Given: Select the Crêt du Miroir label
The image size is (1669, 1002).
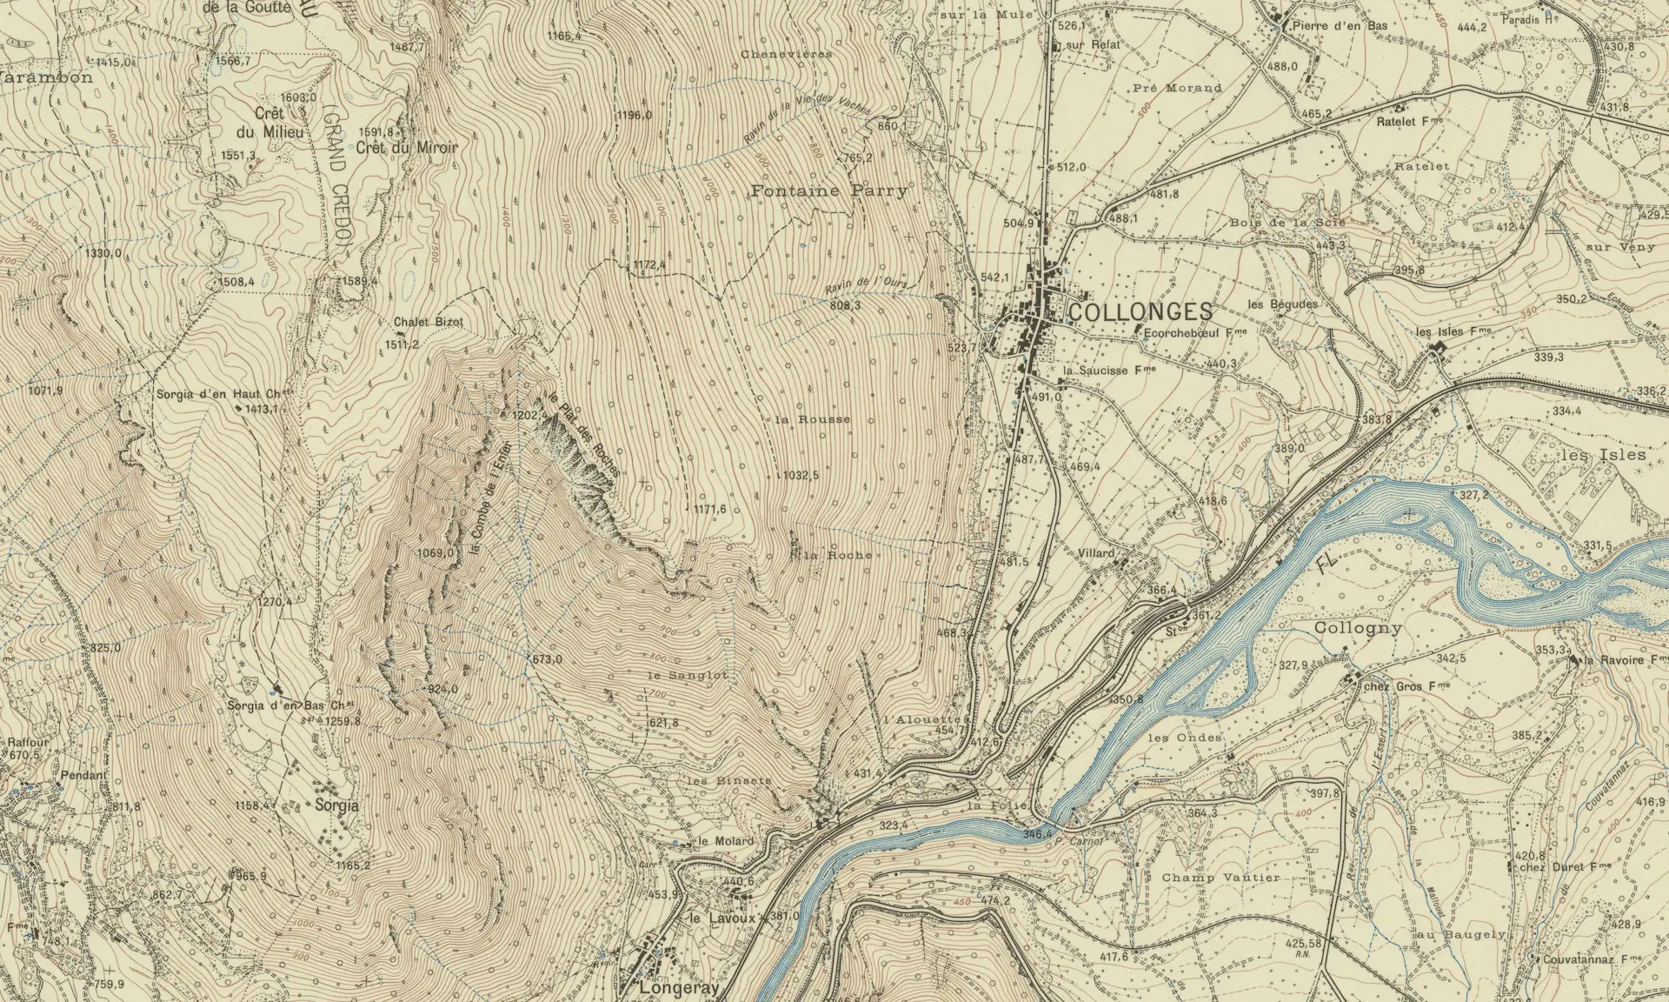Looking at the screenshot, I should coord(406,148).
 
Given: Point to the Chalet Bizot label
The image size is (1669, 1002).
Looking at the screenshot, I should coord(429,322).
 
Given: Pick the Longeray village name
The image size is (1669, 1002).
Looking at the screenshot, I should coord(667,989).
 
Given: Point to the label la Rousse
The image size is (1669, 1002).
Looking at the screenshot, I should coord(812,419).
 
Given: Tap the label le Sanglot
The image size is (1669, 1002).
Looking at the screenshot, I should coord(687,674).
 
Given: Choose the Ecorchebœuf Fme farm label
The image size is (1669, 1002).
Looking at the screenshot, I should coord(1194,331).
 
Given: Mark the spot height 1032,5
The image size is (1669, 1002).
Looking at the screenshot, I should coord(801,476).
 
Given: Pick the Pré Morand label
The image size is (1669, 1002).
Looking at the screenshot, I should coord(1178,88).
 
